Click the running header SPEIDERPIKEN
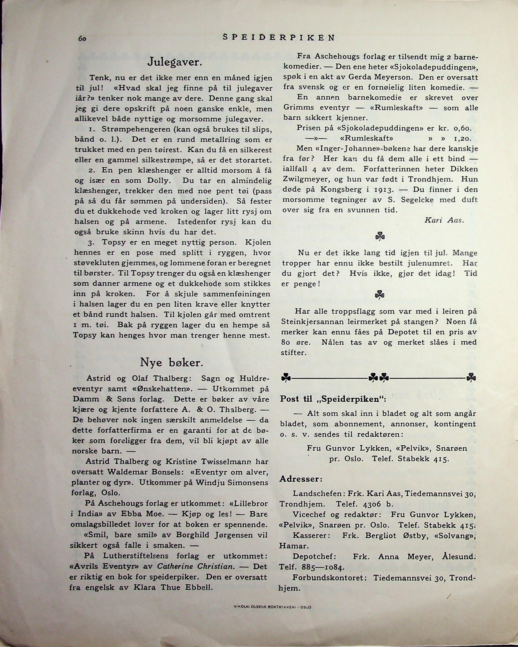click(279, 38)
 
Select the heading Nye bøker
click(172, 363)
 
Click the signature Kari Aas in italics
click(444, 220)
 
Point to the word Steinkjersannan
click(310, 322)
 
